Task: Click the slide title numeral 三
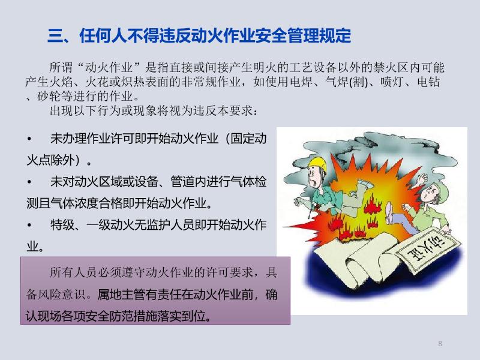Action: pyautogui.click(x=55, y=36)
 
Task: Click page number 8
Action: pyautogui.click(x=440, y=343)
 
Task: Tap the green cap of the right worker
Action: pyautogui.click(x=439, y=191)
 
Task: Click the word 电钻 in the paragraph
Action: pyautogui.click(x=428, y=82)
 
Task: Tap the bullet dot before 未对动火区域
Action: pyautogui.click(x=29, y=182)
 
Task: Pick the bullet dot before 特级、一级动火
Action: pyautogui.click(x=29, y=226)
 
